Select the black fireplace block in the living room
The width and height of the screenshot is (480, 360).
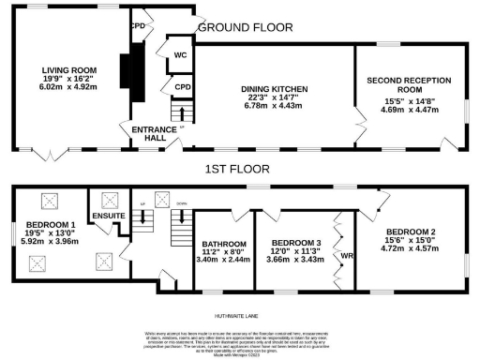point(128,71)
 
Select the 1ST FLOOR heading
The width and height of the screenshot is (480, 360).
point(238,171)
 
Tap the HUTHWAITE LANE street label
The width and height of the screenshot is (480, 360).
point(238,308)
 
